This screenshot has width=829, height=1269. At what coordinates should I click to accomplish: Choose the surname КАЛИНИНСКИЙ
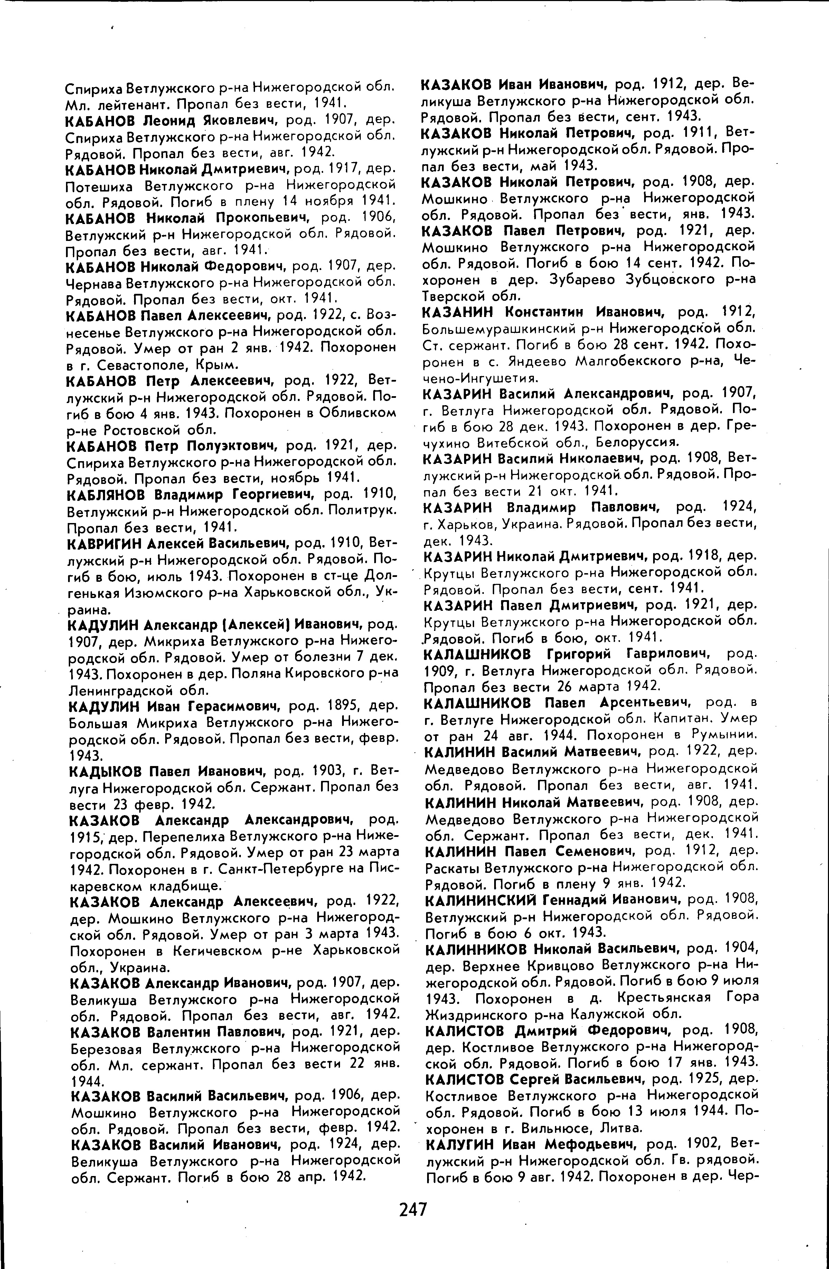(x=480, y=900)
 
